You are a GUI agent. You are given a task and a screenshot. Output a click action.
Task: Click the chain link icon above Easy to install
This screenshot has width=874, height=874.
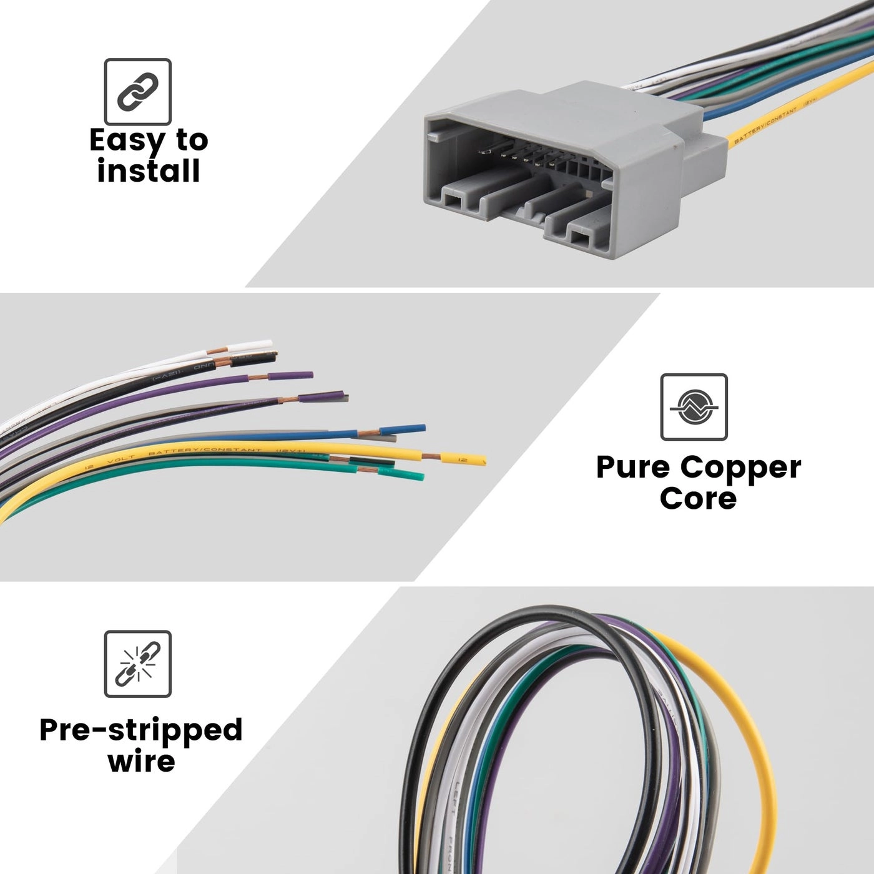coord(137,92)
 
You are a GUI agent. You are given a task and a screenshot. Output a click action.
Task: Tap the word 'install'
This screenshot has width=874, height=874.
coord(149,170)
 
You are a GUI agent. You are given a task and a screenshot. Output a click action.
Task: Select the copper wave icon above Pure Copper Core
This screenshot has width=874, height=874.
coord(694,407)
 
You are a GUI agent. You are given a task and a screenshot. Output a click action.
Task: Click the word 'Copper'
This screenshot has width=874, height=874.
coord(740,467)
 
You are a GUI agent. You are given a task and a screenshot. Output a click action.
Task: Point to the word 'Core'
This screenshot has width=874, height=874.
coord(698,498)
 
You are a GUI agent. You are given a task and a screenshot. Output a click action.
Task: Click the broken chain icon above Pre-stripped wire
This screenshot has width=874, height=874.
coord(137,664)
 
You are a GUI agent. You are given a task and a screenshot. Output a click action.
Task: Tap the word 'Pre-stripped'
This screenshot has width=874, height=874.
coord(141,729)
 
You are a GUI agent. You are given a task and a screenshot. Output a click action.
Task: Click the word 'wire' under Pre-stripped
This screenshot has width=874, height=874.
coord(141,761)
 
